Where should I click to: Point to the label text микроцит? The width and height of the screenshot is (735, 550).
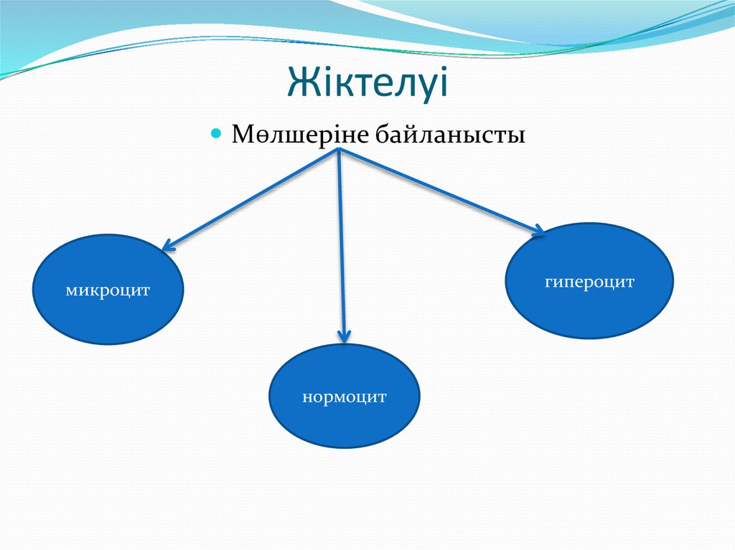pos(108,291)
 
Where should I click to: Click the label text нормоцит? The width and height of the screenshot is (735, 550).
pos(344,397)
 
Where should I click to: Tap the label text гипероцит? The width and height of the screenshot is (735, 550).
pos(589,282)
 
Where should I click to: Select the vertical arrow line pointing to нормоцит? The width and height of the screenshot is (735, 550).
pos(342,244)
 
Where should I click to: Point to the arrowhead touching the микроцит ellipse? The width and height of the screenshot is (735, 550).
pos(168,246)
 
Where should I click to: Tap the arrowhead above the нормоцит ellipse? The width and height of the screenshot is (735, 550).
pos(345,335)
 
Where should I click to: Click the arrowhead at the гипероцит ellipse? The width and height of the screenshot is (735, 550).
pos(536,230)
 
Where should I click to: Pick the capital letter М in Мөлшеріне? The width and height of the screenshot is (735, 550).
pos(242,135)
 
